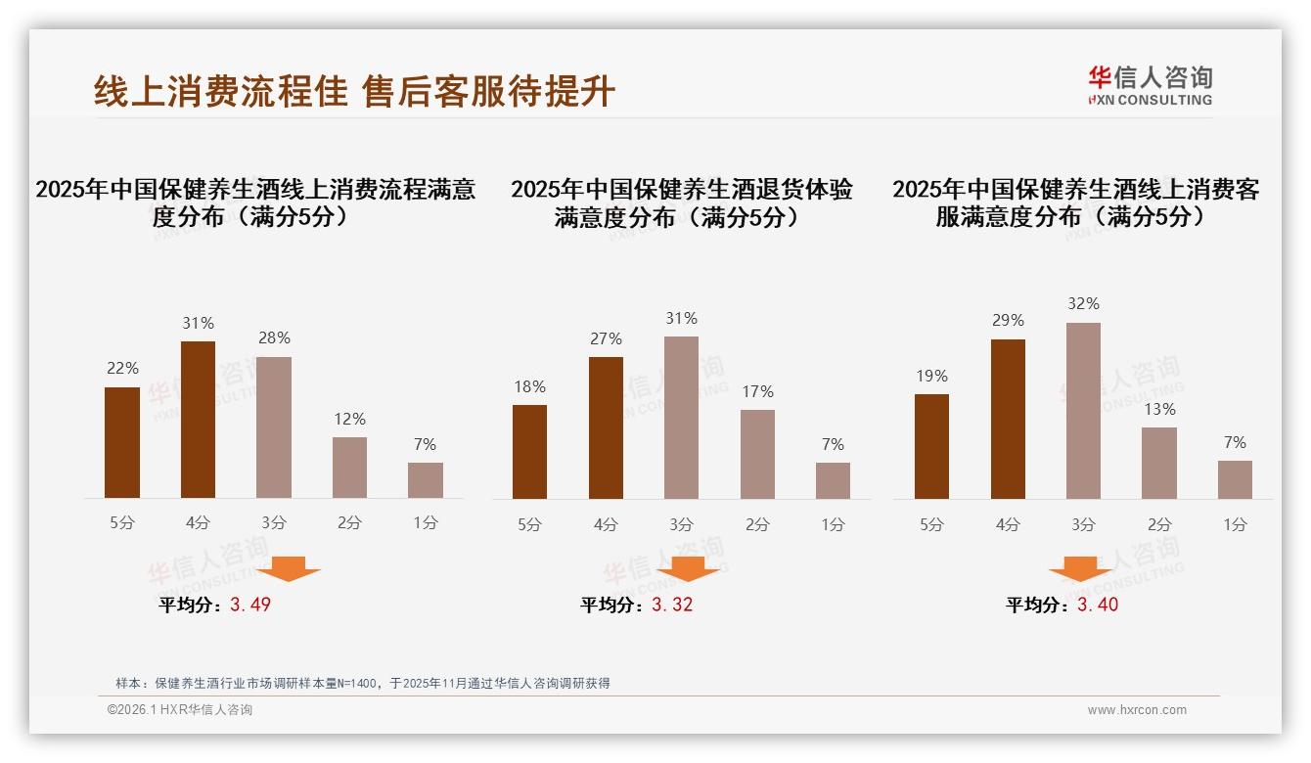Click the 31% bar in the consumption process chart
[x=198, y=420]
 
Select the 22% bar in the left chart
[x=122, y=442]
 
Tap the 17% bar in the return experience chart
[x=757, y=454]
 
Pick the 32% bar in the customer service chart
[x=1083, y=411]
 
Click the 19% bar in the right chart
[x=931, y=446]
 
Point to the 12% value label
[x=349, y=419]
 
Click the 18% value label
[x=529, y=386]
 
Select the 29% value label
[x=1008, y=320]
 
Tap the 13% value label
[x=1159, y=409]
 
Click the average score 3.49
[x=250, y=605]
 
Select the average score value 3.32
[x=672, y=605]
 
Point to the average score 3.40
[x=1098, y=605]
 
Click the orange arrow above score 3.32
[x=688, y=568]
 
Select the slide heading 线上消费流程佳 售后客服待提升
[x=354, y=91]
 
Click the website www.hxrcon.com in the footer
[x=1137, y=710]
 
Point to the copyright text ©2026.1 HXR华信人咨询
[x=179, y=710]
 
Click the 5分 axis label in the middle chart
[x=529, y=525]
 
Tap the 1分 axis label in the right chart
[x=1235, y=525]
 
